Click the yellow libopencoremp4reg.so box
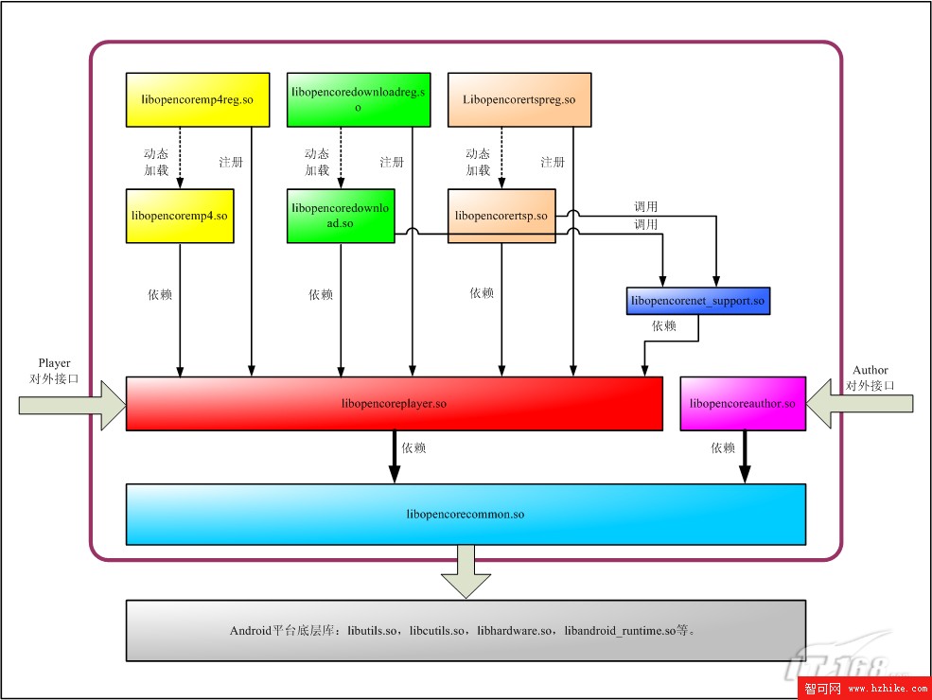(x=197, y=99)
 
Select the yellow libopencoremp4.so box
(x=180, y=216)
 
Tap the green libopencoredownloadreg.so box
(x=359, y=99)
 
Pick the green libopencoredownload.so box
(x=341, y=216)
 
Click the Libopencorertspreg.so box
(x=519, y=99)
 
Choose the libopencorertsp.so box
(x=501, y=216)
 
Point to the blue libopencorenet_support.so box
(x=698, y=301)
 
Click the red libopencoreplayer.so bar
(x=394, y=404)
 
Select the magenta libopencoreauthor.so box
(x=743, y=404)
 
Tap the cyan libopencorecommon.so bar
(x=466, y=515)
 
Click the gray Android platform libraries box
(x=466, y=630)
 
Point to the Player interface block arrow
(x=71, y=404)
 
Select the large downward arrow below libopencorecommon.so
(x=466, y=569)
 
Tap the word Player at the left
(x=54, y=362)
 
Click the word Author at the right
(x=870, y=370)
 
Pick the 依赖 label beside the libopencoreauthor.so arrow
(x=723, y=448)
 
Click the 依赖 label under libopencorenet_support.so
(x=664, y=326)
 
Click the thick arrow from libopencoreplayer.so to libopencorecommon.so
(x=394, y=457)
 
